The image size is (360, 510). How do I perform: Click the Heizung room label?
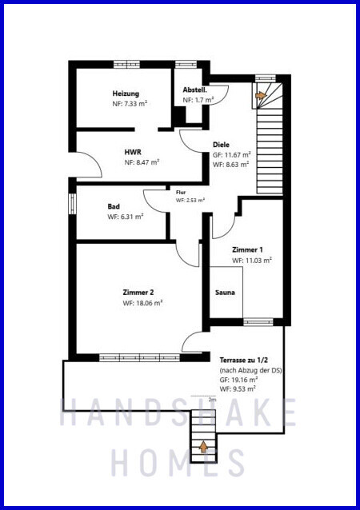pyautogui.click(x=126, y=94)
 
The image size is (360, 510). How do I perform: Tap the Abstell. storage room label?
pyautogui.click(x=194, y=90)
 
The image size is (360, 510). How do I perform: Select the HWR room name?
pyautogui.click(x=133, y=152)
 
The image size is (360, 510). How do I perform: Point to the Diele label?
pyautogui.click(x=221, y=145)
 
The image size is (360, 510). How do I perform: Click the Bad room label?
pyautogui.click(x=114, y=206)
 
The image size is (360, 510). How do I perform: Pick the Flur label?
pyautogui.click(x=181, y=193)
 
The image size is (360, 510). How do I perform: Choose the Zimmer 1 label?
pyautogui.click(x=247, y=249)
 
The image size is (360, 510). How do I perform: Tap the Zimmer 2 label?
pyautogui.click(x=138, y=293)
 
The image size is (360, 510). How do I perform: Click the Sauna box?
pyautogui.click(x=226, y=292)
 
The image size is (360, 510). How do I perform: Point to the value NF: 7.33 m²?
pyautogui.click(x=130, y=104)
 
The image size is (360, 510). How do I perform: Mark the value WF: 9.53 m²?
pyautogui.click(x=238, y=388)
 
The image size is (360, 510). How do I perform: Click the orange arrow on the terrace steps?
pyautogui.click(x=203, y=447)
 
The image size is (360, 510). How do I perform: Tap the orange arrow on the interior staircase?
pyautogui.click(x=261, y=95)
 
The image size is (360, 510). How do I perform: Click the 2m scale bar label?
pyautogui.click(x=212, y=400)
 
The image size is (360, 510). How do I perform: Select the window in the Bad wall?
pyautogui.click(x=72, y=204)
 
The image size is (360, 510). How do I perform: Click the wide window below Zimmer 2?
pyautogui.click(x=139, y=358)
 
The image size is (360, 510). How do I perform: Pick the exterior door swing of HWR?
pyautogui.click(x=89, y=165)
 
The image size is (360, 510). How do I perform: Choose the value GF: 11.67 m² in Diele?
pyautogui.click(x=232, y=155)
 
